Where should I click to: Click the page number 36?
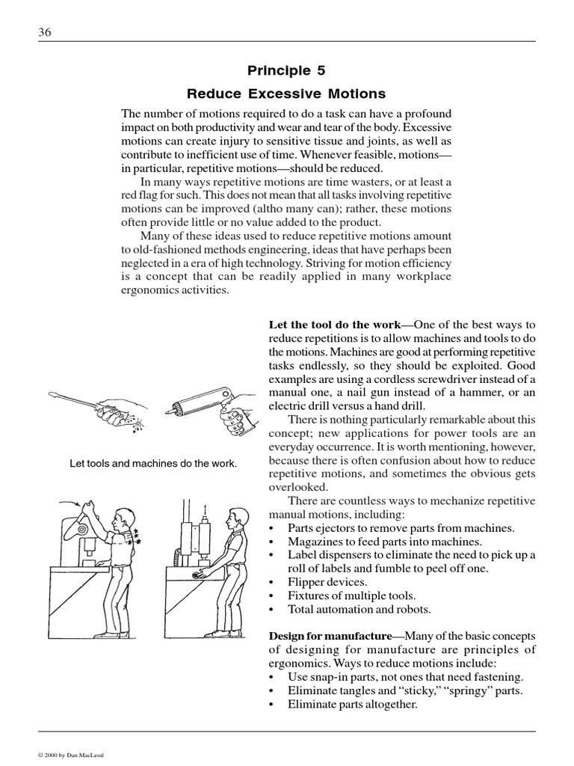click(x=44, y=32)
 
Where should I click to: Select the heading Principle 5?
click(x=286, y=70)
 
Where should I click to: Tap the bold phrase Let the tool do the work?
click(x=335, y=325)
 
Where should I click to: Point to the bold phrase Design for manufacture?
click(x=330, y=636)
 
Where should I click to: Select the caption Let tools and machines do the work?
click(x=153, y=464)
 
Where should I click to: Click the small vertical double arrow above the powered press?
click(x=205, y=510)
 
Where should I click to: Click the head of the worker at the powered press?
click(x=237, y=517)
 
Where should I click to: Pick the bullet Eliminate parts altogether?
click(x=352, y=704)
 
